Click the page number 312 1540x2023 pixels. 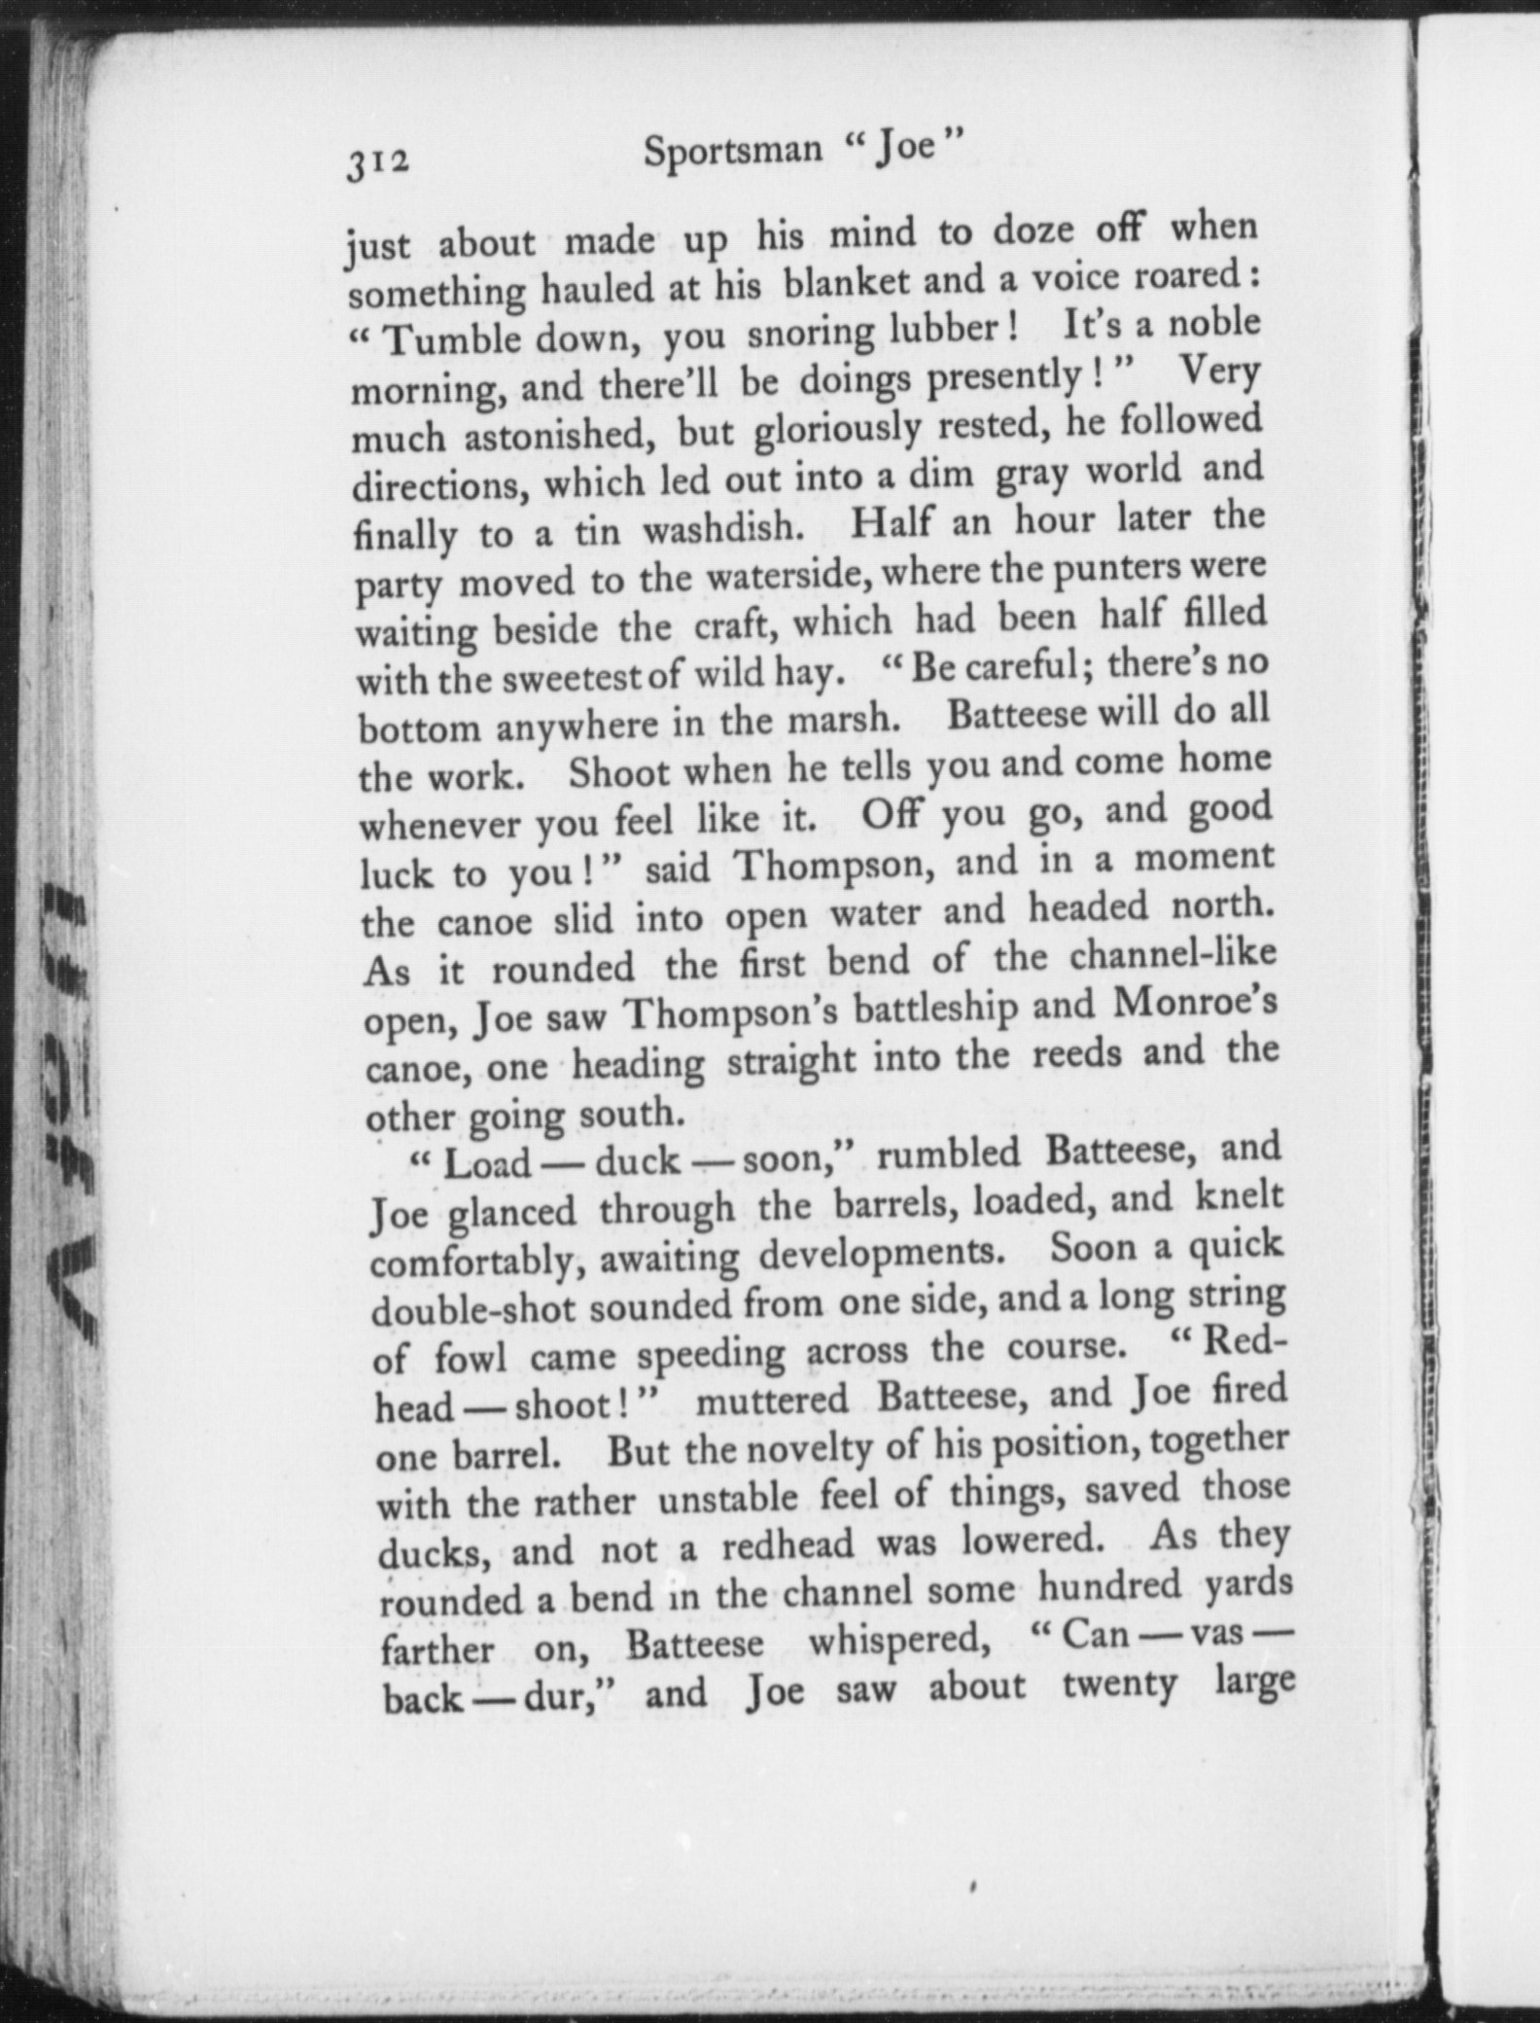[x=379, y=160]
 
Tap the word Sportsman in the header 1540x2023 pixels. [x=734, y=154]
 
